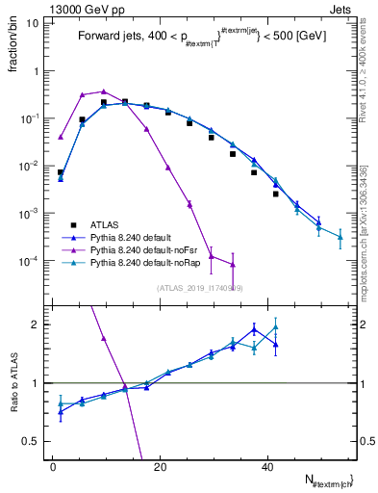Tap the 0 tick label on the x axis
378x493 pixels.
click(x=54, y=465)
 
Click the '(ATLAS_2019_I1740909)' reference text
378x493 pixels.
click(x=200, y=287)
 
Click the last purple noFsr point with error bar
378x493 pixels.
click(x=233, y=265)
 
